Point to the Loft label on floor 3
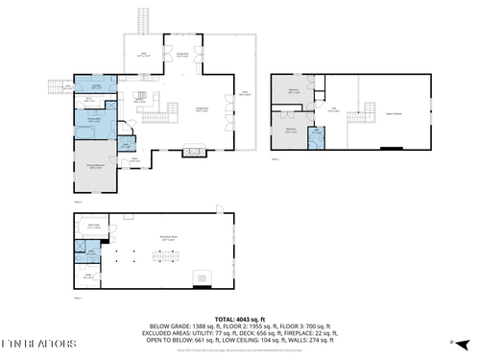[333, 108]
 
